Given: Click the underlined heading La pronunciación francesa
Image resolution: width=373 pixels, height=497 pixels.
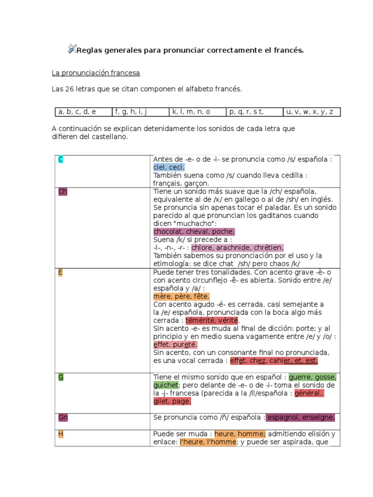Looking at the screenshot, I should (96, 73).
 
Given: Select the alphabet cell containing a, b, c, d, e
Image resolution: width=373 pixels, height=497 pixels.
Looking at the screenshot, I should (84, 112).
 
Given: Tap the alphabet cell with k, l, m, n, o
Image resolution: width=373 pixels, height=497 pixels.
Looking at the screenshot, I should (197, 112).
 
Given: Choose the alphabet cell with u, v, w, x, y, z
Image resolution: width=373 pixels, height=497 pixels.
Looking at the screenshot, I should (311, 112).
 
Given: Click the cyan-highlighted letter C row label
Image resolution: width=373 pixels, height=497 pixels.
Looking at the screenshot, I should (61, 160).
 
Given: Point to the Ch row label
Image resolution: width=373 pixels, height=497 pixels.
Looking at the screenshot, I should (63, 191).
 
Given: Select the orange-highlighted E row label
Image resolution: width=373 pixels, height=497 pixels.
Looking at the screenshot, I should (60, 272).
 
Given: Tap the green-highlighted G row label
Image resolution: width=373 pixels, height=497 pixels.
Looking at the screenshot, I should (61, 377).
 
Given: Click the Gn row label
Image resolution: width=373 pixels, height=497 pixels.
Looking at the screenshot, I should (63, 417).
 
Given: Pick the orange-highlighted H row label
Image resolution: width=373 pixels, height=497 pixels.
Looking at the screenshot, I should (61, 434).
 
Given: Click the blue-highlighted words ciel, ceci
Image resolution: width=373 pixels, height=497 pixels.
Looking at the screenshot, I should (169, 167).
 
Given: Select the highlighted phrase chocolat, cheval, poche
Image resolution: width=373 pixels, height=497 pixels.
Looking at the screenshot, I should (194, 232).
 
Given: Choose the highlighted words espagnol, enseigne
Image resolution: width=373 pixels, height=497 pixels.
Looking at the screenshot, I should (301, 417).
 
